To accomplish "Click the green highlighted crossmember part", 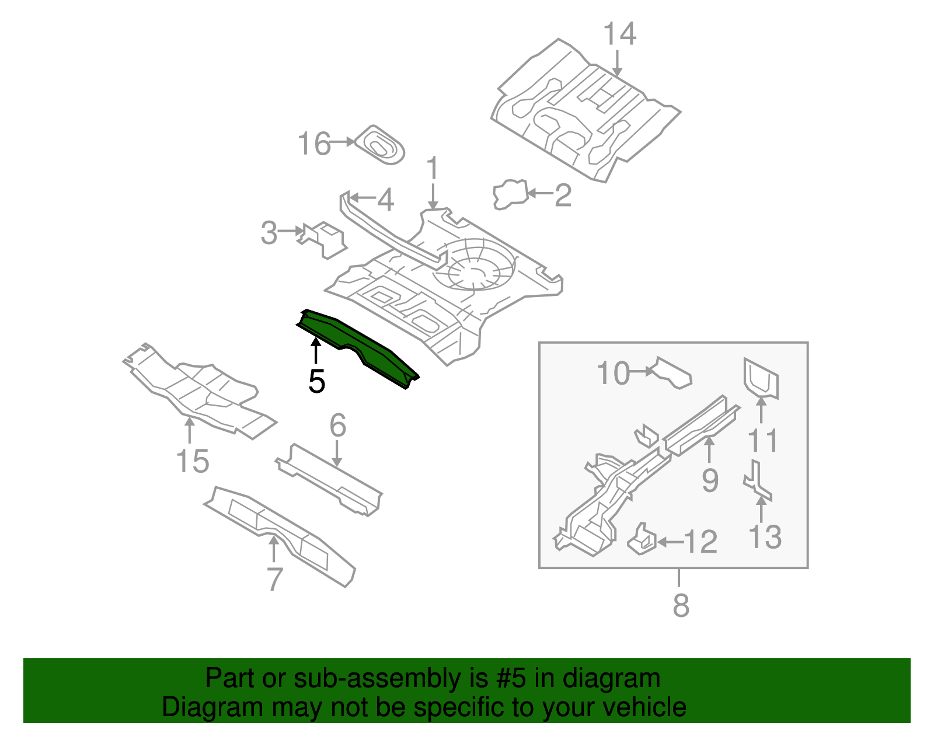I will pos(356,346).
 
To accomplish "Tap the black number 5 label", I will pos(316,382).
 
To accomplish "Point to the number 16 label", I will pos(314,144).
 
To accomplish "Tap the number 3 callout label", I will pos(269,233).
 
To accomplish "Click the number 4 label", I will pos(385,200).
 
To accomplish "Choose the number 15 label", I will pos(192,461).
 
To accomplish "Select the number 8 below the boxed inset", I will pos(681,605).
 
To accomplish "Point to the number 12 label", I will pos(700,542).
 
